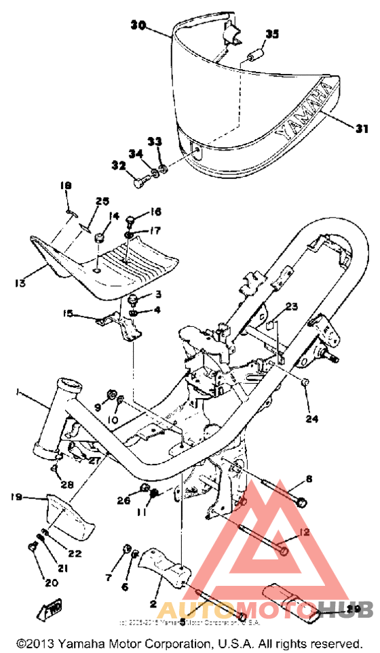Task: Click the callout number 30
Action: (x=138, y=25)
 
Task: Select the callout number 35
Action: (x=271, y=34)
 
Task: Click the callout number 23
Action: (x=292, y=306)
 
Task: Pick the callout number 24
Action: (x=311, y=419)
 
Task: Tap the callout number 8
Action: (x=309, y=479)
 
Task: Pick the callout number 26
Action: (x=123, y=500)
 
